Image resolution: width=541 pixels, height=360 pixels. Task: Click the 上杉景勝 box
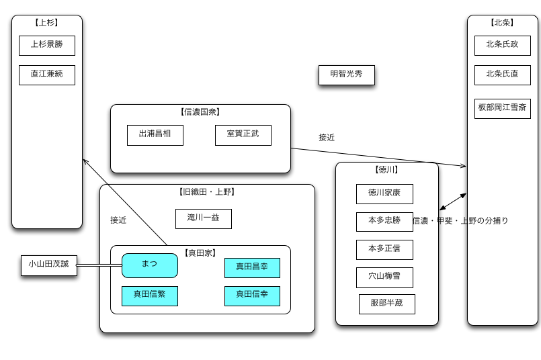46,45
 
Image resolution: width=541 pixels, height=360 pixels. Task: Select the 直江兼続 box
46,75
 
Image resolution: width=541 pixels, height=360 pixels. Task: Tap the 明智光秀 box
346,75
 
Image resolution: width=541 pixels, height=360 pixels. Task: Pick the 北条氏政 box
502,45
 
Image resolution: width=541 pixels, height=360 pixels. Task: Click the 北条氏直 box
502,75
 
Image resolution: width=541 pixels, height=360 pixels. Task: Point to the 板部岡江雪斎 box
502,107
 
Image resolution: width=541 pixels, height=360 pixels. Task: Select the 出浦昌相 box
155,134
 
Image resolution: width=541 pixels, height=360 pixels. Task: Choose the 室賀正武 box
243,134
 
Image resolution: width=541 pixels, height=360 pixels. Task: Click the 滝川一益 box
203,218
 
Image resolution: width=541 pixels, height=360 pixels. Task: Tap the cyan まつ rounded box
149,265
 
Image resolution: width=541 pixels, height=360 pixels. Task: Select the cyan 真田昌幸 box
252,267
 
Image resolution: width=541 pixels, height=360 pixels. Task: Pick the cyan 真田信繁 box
149,296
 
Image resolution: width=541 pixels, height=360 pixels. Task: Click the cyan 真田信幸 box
252,296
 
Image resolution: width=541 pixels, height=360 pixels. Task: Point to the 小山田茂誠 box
48,265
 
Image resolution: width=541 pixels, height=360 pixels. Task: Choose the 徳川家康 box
384,193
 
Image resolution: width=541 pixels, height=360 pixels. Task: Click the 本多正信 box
384,249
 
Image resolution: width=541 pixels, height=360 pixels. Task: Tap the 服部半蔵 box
386,304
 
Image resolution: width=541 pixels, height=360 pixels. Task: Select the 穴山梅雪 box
384,277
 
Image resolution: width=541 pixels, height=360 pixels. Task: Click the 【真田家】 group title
200,253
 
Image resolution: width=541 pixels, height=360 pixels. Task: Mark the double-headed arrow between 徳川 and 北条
453,201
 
